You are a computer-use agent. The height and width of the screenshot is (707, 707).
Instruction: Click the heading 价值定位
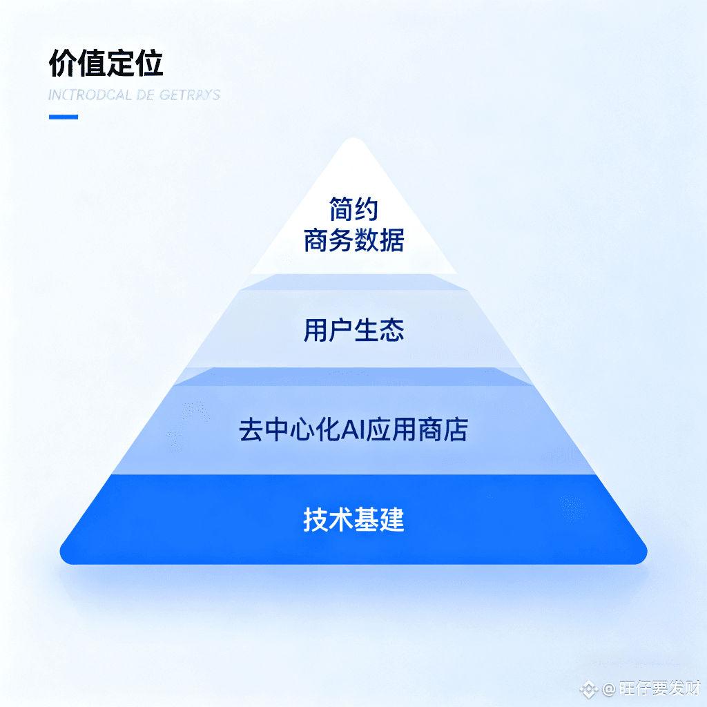click(106, 64)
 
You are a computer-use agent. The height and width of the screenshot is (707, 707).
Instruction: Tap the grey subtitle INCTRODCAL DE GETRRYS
click(134, 95)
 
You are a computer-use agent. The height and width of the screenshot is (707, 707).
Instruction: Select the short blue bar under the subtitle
click(63, 117)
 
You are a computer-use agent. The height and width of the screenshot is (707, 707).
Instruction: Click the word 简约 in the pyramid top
click(353, 209)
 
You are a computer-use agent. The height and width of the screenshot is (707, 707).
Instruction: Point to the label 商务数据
click(353, 241)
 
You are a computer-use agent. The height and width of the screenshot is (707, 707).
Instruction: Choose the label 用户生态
click(353, 330)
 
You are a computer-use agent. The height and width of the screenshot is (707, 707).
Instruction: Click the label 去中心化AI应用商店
click(353, 429)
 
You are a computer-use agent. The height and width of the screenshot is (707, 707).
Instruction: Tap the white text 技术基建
click(353, 519)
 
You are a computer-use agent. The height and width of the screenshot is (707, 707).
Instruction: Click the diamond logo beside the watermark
click(588, 689)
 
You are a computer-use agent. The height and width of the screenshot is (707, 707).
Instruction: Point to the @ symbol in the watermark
click(608, 689)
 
